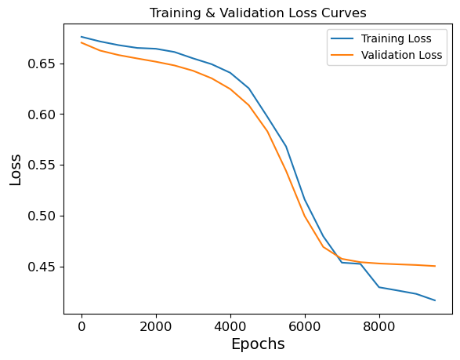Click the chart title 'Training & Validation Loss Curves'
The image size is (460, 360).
[x=258, y=13]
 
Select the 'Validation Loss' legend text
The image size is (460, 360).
[x=402, y=55]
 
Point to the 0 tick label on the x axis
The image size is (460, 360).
[x=81, y=325]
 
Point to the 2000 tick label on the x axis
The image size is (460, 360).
[x=156, y=325]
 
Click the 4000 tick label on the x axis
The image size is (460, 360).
[x=230, y=325]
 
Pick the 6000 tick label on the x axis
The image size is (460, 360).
[x=305, y=325]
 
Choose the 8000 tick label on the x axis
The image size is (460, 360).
[x=379, y=325]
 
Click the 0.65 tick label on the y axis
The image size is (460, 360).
[x=42, y=64]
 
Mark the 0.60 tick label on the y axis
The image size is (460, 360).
[x=42, y=115]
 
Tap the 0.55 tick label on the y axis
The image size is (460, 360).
[x=42, y=165]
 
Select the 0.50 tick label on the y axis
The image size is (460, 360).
[x=42, y=216]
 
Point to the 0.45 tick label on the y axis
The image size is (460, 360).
[x=42, y=267]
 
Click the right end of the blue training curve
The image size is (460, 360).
[x=435, y=300]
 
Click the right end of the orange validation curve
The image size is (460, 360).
[x=435, y=266]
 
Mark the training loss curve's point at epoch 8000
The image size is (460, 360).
[x=379, y=287]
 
